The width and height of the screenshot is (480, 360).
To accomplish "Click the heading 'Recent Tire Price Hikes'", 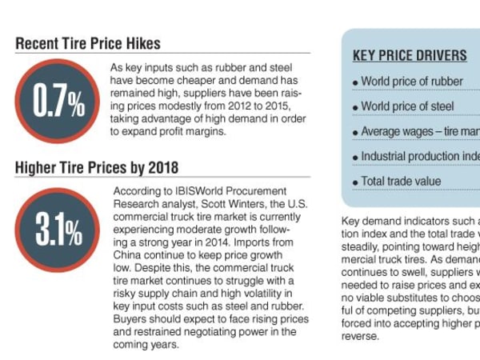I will [88, 43].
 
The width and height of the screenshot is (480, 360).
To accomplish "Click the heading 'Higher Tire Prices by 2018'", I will [97, 167].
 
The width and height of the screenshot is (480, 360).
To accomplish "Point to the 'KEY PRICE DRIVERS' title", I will [410, 56].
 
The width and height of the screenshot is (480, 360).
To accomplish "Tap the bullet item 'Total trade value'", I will [401, 182].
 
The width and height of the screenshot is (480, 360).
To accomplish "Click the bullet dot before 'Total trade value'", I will [355, 183].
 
